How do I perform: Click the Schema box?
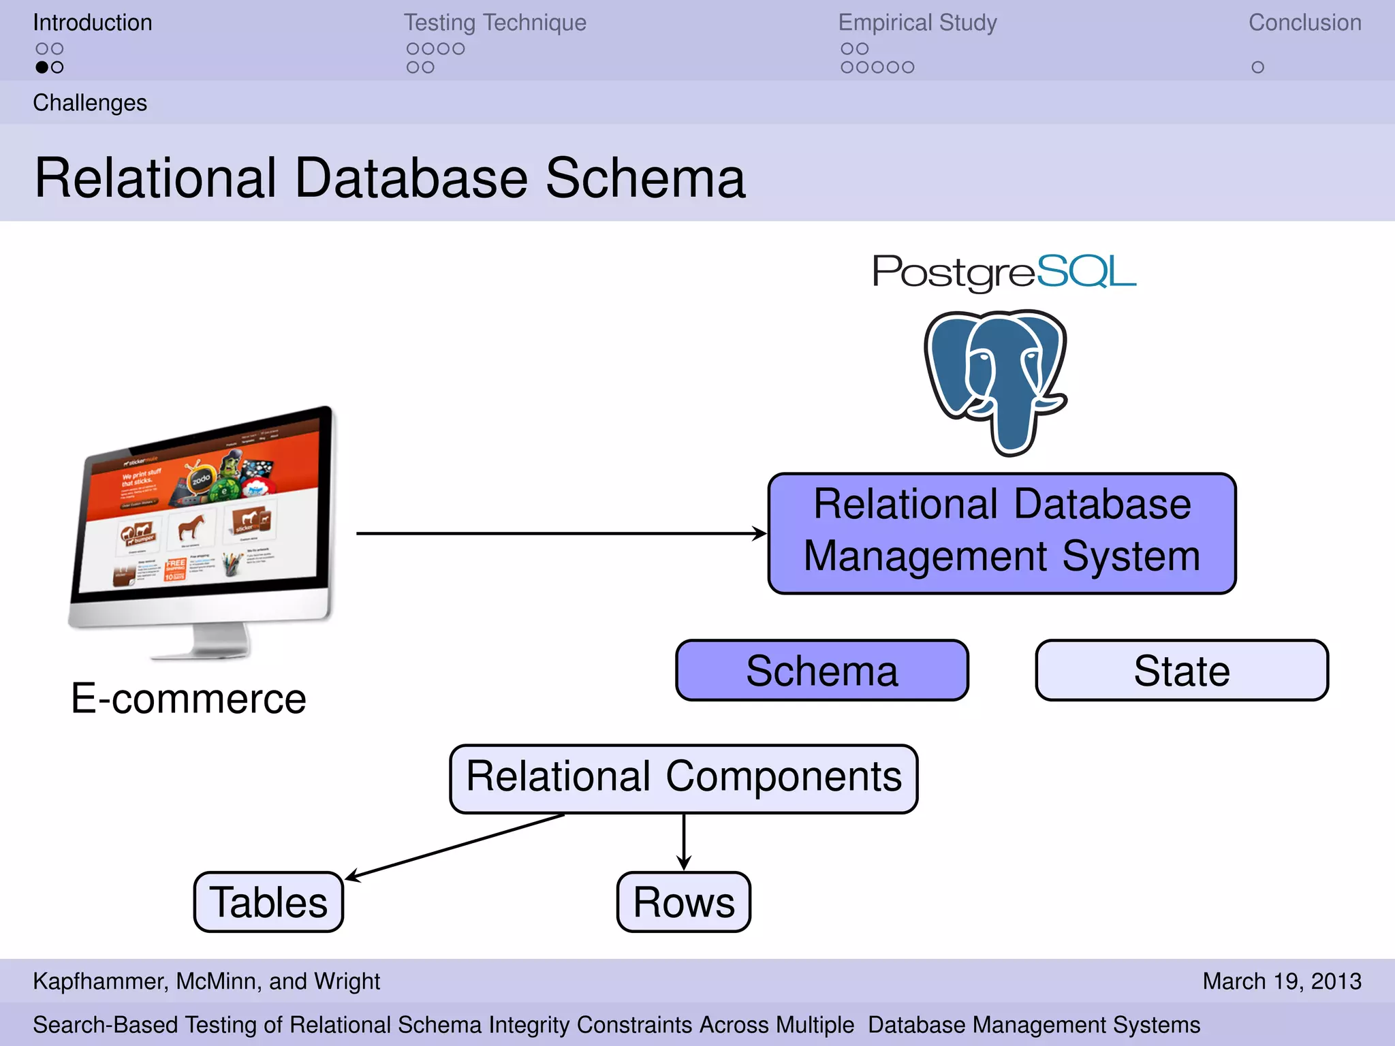pyautogui.click(x=821, y=671)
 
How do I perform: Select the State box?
pyautogui.click(x=1182, y=671)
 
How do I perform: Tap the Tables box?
pyautogui.click(x=268, y=902)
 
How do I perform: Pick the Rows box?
pyautogui.click(x=683, y=902)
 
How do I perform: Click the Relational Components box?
pyautogui.click(x=683, y=778)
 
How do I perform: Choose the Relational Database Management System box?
pyautogui.click(x=1001, y=533)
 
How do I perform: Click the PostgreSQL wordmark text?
pyautogui.click(x=1004, y=272)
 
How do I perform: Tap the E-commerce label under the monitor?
pyautogui.click(x=189, y=699)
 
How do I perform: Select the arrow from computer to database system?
pyautogui.click(x=559, y=533)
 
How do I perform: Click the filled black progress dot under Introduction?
pyautogui.click(x=42, y=67)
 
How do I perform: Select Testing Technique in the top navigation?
pyautogui.click(x=495, y=22)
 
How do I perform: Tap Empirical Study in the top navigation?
pyautogui.click(x=917, y=22)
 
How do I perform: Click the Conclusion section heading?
pyautogui.click(x=1304, y=22)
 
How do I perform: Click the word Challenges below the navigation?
pyautogui.click(x=90, y=103)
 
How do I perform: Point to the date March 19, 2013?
pyautogui.click(x=1281, y=981)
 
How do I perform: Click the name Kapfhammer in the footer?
pyautogui.click(x=99, y=981)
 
